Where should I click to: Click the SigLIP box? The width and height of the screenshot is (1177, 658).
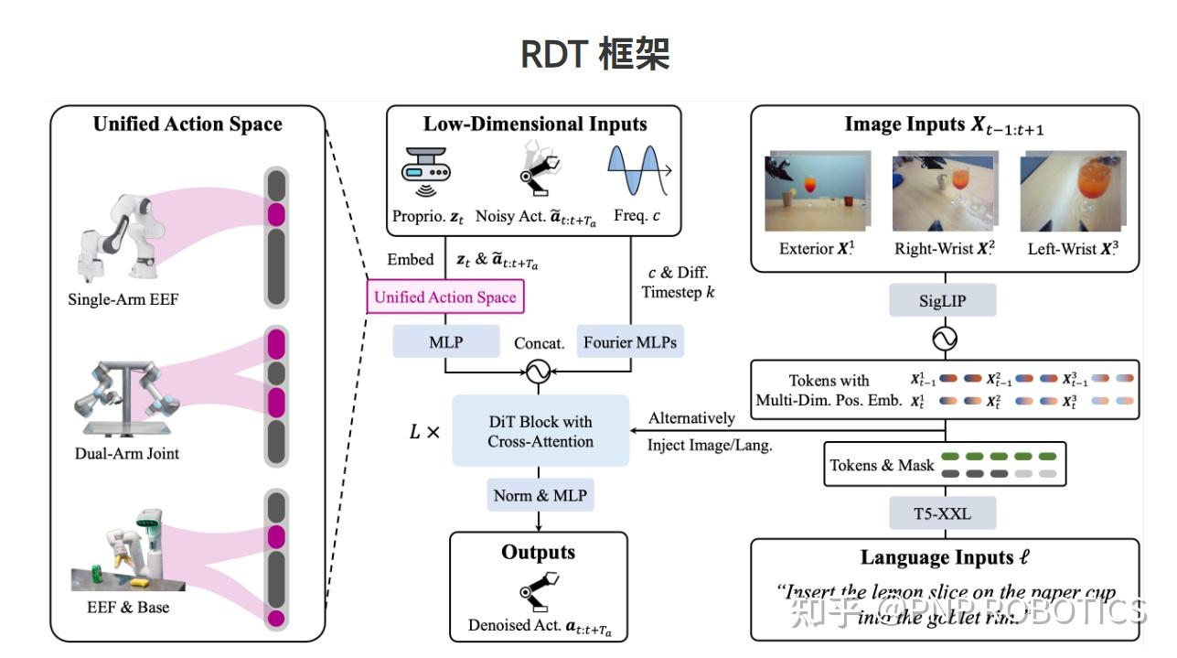[x=943, y=299]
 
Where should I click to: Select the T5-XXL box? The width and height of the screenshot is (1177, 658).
[x=943, y=513]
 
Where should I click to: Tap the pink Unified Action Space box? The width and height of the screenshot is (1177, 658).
[x=445, y=297]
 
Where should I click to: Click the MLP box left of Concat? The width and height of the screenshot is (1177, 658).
[x=445, y=342]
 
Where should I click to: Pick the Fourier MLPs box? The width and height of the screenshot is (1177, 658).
[x=630, y=342]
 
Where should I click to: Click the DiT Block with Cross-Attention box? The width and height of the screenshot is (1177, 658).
[x=540, y=431]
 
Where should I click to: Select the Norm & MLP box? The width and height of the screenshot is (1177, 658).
[x=540, y=495]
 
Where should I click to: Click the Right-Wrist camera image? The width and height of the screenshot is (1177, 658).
[x=944, y=193]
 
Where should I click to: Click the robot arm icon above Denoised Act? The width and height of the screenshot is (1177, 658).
[x=539, y=591]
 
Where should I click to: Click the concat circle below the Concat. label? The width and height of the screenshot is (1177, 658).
[x=539, y=372]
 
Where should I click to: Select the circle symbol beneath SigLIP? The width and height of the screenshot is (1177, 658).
[x=943, y=340]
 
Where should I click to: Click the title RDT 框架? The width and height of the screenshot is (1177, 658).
[x=594, y=54]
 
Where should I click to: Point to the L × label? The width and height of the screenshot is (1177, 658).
[x=423, y=431]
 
